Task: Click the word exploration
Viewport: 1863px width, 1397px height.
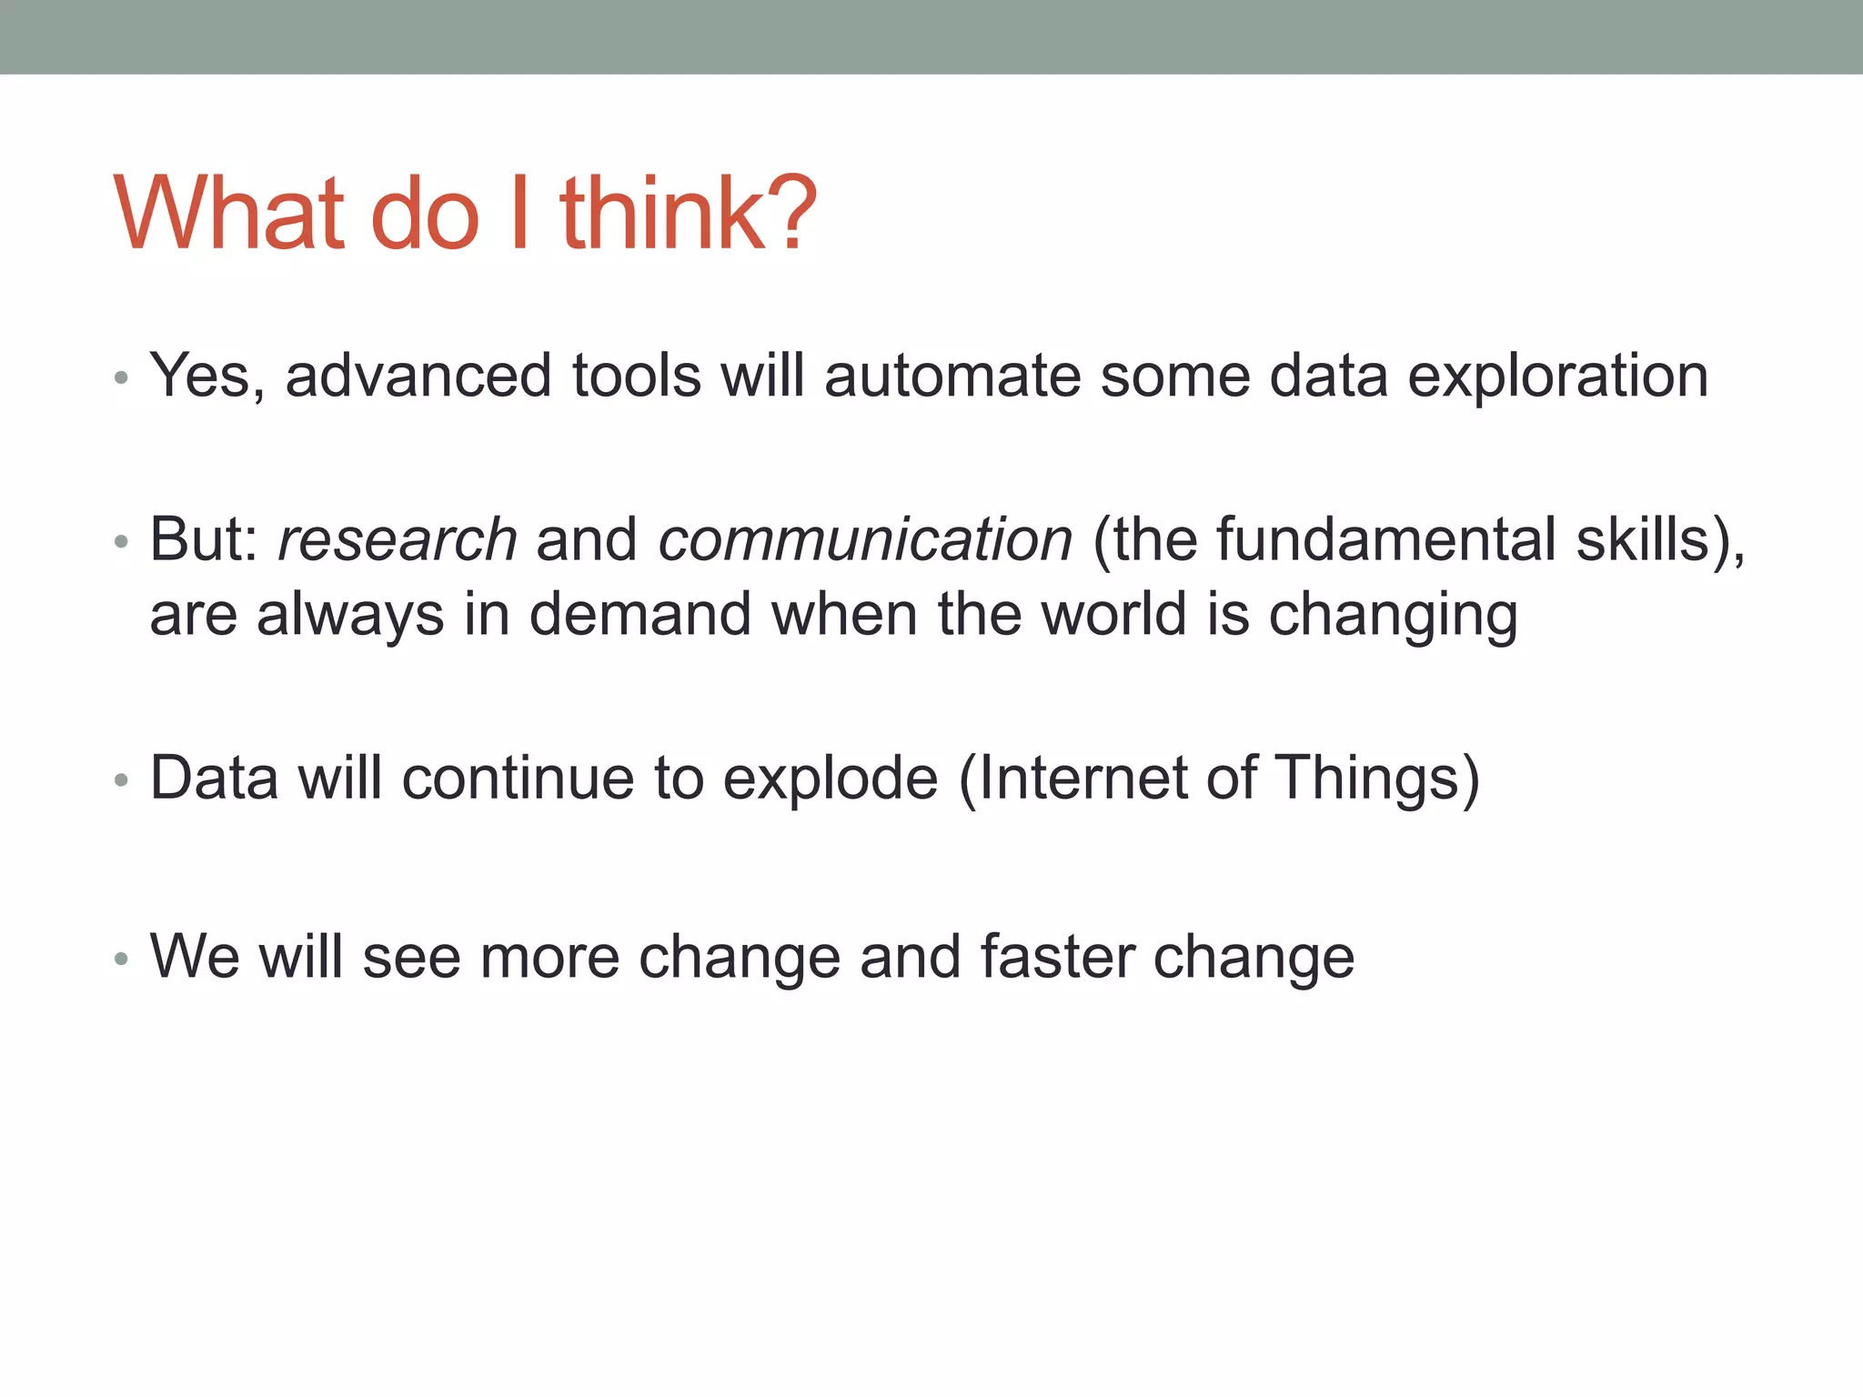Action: tap(1557, 376)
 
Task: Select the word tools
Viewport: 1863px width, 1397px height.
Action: tap(637, 376)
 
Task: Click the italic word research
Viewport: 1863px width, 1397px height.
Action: tap(398, 539)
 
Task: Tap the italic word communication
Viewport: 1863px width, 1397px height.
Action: tap(865, 539)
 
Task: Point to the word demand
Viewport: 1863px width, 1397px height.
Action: tap(640, 614)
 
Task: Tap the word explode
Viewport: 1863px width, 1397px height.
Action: tap(830, 779)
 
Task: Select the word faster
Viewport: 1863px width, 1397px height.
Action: tap(1057, 958)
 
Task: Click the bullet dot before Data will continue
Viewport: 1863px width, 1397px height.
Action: tap(122, 780)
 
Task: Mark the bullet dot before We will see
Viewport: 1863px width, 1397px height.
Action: tap(122, 959)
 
